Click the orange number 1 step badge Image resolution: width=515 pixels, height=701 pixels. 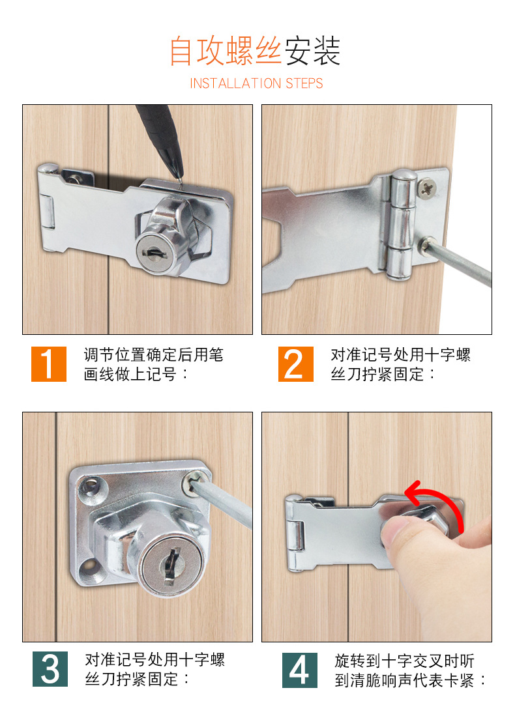(49, 364)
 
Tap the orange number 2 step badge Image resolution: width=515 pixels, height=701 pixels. (296, 364)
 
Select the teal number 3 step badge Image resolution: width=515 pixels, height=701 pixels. (50, 669)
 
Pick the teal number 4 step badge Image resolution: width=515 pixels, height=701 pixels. (300, 670)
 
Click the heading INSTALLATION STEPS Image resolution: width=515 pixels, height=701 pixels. (256, 83)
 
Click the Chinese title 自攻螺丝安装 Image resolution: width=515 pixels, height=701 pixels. (255, 51)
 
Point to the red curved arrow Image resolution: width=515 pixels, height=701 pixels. (436, 501)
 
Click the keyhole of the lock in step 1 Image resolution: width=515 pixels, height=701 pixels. (153, 253)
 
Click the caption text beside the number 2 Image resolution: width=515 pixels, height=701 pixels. (400, 364)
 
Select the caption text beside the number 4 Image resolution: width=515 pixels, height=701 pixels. (410, 670)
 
